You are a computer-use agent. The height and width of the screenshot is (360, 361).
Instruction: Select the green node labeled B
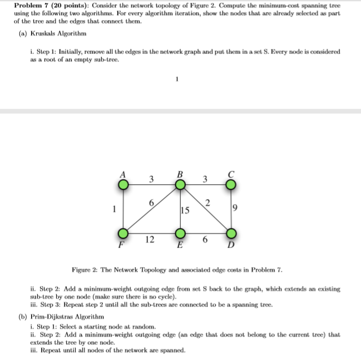pos(180,184)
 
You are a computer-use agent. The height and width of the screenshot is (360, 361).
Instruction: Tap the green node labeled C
pos(232,184)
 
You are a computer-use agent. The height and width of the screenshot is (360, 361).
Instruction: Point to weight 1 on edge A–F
pos(115,210)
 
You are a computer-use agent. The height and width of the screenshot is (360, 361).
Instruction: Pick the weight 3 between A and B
pos(152,179)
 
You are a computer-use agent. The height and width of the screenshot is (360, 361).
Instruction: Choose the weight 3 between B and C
pos(205,179)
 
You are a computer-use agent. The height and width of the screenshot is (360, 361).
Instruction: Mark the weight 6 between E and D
pos(206,239)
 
